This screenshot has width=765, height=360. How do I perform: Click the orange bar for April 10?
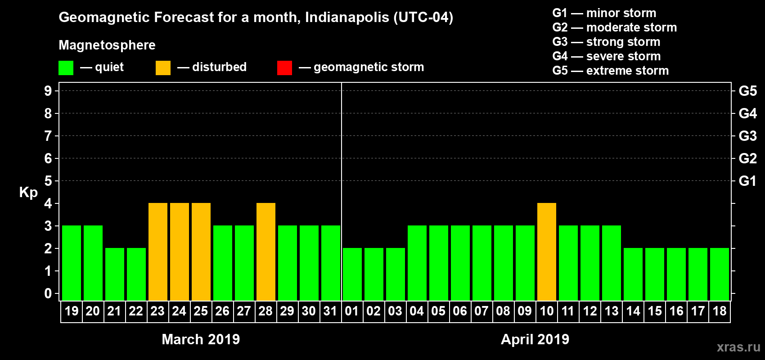point(547,252)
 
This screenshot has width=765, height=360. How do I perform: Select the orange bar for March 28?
point(266,252)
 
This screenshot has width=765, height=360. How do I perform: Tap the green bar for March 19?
point(72,263)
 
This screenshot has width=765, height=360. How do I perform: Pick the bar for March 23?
point(158,252)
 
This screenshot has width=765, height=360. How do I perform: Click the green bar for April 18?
point(720,274)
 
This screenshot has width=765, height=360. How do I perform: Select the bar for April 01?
point(352,274)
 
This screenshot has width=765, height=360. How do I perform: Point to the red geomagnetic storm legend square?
point(284,68)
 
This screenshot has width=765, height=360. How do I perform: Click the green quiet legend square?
point(66,68)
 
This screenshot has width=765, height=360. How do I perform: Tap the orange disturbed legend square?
point(163,68)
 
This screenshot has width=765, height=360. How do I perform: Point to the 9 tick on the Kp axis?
point(48,91)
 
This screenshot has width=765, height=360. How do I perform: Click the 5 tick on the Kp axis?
point(48,181)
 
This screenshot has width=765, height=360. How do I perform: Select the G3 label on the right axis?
point(747,136)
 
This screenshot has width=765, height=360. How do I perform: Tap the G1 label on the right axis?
point(747,181)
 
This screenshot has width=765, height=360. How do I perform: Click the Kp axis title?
point(28,193)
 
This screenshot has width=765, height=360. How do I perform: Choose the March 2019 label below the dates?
point(201,339)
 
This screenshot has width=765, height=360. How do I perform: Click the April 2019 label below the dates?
point(535,339)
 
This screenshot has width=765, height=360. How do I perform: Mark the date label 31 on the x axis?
point(330,311)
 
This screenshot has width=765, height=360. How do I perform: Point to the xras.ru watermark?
point(738,347)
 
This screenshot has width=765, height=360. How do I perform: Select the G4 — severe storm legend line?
point(607,56)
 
